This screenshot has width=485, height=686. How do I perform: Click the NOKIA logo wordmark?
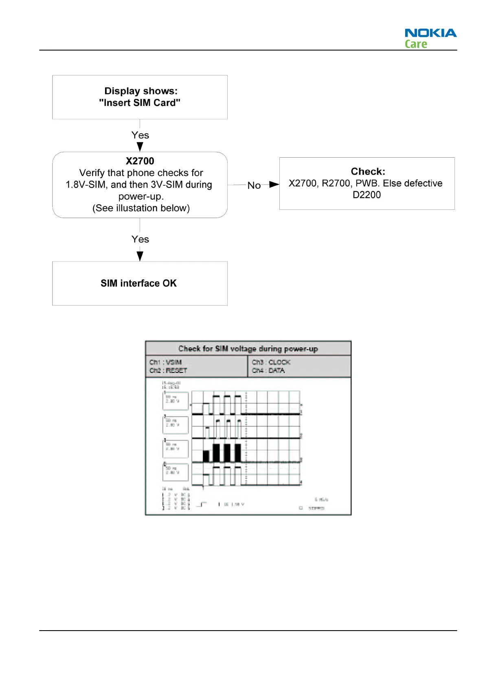430,33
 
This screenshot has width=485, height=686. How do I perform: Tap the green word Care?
416,44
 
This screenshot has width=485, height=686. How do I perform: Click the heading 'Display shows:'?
141,91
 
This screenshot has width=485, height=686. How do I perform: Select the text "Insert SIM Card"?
140,103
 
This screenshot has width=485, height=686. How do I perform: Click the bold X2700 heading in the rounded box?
140,161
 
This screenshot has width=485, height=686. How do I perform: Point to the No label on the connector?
254,185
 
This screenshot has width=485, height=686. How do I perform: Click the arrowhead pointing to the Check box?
274,185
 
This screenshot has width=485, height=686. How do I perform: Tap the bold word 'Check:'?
368,171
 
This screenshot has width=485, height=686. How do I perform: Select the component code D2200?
366,195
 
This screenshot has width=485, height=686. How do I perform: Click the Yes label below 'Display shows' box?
140,135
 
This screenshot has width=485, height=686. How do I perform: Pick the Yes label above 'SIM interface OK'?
140,239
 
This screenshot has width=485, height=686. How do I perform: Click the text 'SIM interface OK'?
138,283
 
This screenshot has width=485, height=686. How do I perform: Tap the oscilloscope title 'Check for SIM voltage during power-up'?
248,349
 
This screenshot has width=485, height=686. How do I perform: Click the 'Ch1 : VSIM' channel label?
165,362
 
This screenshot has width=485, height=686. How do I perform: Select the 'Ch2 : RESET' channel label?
168,371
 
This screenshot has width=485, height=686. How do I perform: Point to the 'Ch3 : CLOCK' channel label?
271,362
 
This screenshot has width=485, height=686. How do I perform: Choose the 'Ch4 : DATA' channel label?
268,371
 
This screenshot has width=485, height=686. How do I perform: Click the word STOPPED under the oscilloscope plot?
316,508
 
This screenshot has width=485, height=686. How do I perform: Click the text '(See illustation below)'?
141,208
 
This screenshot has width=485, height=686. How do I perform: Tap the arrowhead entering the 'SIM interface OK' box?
140,256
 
